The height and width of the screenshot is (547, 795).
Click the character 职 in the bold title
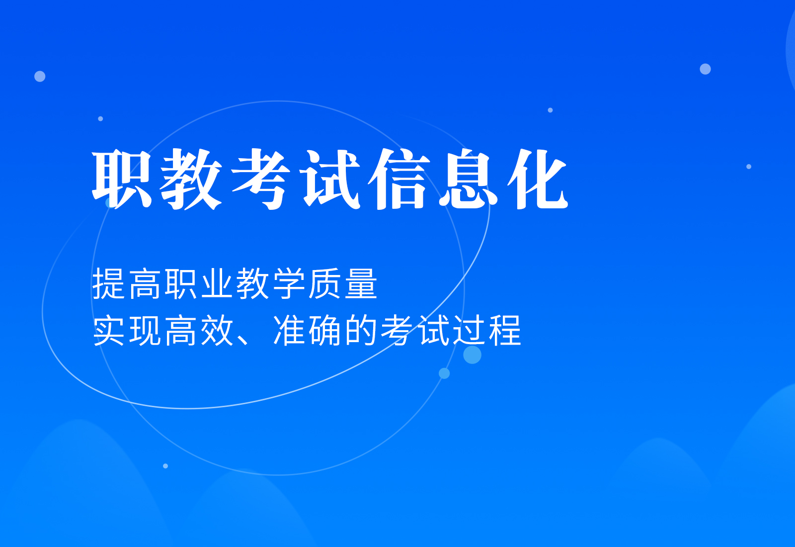point(122,179)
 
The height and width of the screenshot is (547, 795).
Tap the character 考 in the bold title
point(261,179)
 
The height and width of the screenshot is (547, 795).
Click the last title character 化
point(538,179)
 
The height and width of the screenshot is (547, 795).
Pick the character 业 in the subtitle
point(218,284)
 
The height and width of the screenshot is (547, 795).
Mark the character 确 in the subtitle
point(325,331)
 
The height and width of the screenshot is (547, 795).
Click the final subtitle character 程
point(504,331)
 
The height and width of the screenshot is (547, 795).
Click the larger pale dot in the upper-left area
point(40,76)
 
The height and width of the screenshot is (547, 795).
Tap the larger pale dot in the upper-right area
point(705,69)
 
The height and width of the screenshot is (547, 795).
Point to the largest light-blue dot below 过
point(472,355)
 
